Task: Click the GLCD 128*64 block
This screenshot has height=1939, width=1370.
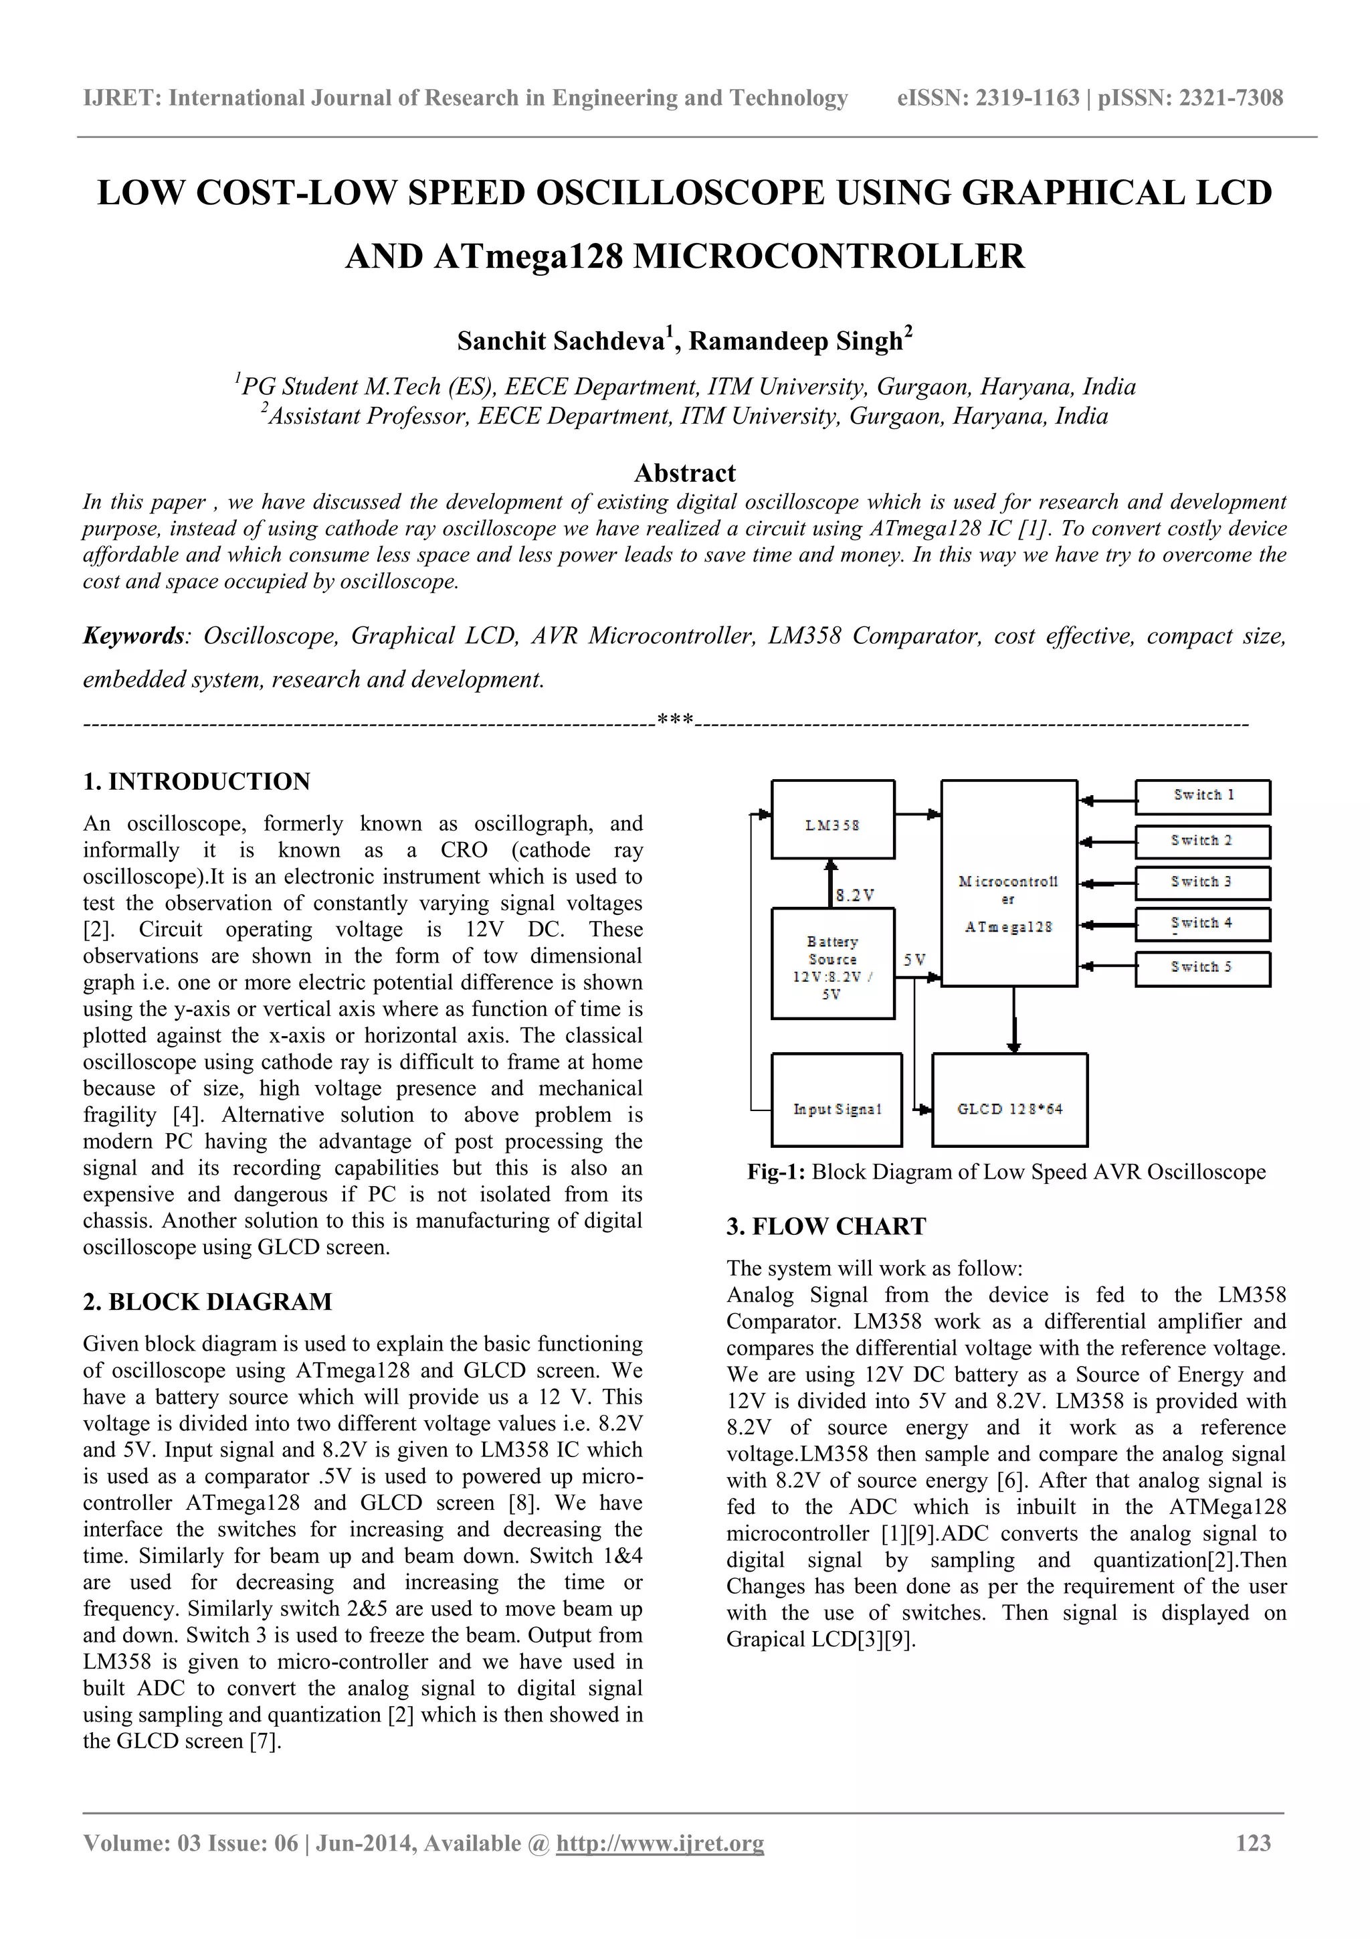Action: pos(1009,1100)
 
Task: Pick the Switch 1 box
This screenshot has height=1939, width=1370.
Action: pos(1202,796)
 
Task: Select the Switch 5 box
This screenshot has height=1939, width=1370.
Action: pos(1202,968)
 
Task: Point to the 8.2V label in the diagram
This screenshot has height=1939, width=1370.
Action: pos(854,895)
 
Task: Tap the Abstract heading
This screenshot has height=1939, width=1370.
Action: pos(684,473)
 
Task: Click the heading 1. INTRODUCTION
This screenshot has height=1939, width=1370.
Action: pos(197,781)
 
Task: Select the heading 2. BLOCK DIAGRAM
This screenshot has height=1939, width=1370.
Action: pos(207,1301)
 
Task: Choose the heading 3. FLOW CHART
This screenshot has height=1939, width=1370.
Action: pos(825,1226)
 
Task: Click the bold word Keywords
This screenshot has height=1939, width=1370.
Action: pos(133,636)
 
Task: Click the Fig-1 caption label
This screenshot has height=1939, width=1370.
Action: pos(776,1172)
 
